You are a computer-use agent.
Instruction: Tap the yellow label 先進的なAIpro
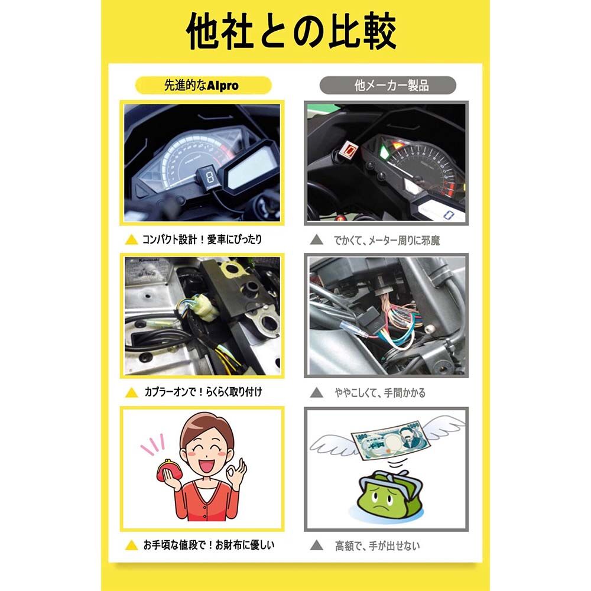201,86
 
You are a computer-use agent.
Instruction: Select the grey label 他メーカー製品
388,86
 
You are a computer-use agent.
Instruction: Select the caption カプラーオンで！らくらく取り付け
203,392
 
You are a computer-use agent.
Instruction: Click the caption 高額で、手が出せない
377,545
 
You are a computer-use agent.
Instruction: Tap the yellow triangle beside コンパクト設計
132,241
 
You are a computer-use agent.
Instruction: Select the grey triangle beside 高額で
317,545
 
